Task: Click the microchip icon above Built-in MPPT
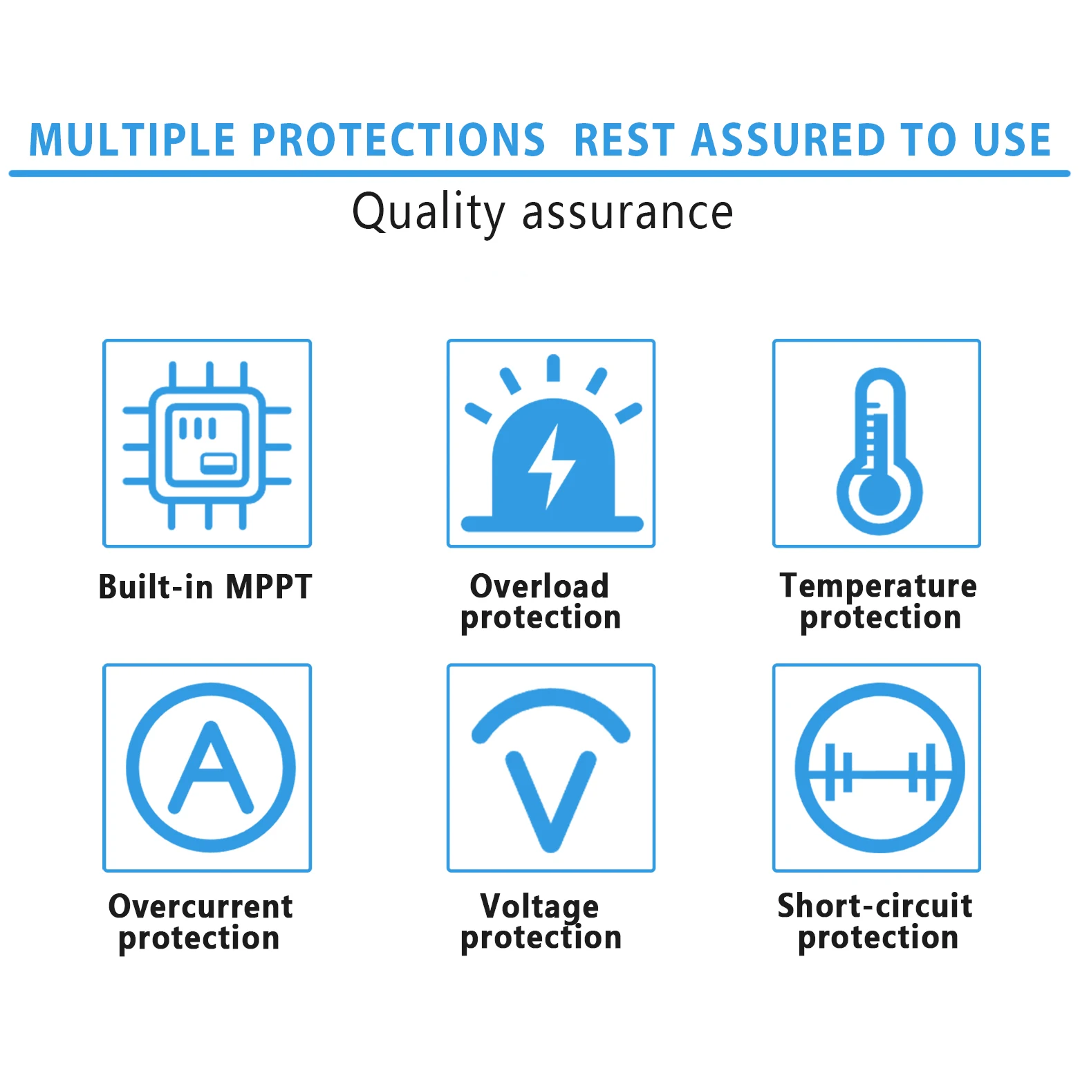[207, 445]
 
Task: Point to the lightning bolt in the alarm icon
[551, 467]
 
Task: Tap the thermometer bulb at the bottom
[879, 492]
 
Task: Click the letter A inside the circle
[211, 767]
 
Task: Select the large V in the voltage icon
[551, 801]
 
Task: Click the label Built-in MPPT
[205, 586]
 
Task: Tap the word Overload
[539, 586]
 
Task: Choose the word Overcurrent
[201, 906]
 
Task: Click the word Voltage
[539, 907]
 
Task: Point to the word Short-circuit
[875, 905]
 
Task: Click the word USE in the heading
[1012, 140]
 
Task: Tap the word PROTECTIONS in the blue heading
[398, 140]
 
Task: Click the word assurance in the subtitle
[627, 213]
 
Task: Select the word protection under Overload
[541, 617]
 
